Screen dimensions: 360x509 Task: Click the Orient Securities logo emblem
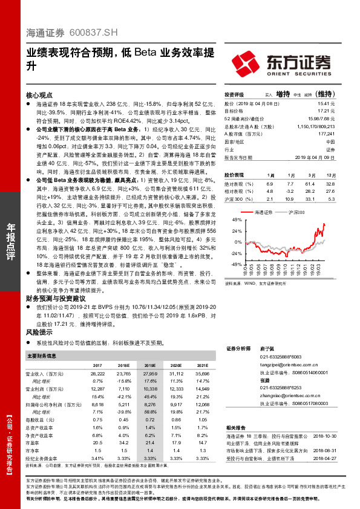247,62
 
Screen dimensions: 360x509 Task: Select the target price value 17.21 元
326,111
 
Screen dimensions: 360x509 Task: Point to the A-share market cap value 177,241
325,134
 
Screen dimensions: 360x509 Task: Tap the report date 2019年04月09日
315,157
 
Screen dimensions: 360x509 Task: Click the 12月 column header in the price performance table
330,174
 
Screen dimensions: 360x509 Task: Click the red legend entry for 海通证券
260,213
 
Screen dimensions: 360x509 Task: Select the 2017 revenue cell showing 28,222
97,375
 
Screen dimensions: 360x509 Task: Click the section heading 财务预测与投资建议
55,298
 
